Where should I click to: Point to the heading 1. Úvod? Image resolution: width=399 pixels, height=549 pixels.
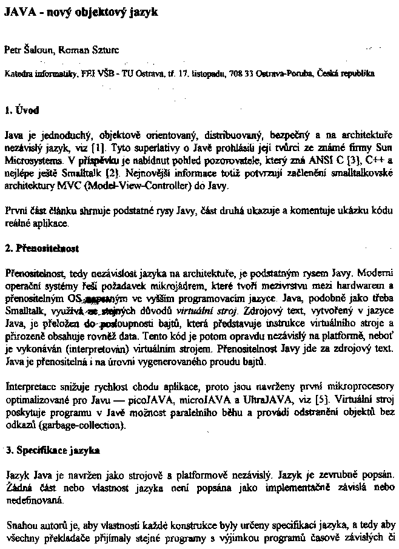(x=22, y=110)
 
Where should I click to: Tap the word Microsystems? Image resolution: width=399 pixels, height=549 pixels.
(x=34, y=161)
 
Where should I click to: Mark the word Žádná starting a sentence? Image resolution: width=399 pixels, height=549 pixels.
(x=18, y=488)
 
